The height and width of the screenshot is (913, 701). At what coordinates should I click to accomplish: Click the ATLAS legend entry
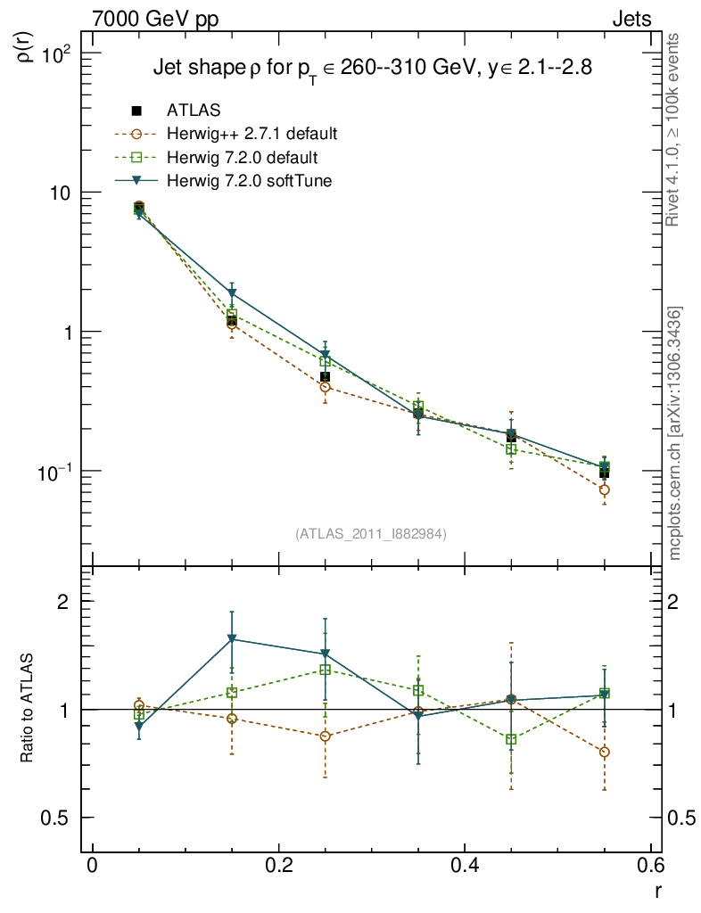(194, 111)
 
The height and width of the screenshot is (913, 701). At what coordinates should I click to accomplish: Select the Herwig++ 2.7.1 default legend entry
(252, 135)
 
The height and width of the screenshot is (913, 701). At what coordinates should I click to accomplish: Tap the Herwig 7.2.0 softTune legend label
(255, 181)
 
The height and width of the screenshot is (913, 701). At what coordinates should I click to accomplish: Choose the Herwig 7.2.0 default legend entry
(242, 158)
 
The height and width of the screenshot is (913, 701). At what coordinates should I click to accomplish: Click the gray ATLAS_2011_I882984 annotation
(371, 533)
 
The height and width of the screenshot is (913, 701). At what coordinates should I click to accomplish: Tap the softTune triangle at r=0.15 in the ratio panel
(232, 639)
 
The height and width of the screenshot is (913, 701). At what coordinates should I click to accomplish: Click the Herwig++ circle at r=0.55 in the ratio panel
(605, 752)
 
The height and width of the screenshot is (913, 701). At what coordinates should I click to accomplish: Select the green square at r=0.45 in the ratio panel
(511, 740)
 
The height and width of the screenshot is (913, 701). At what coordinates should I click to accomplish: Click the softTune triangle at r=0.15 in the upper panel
(232, 293)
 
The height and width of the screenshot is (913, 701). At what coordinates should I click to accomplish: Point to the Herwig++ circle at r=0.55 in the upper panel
(605, 489)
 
